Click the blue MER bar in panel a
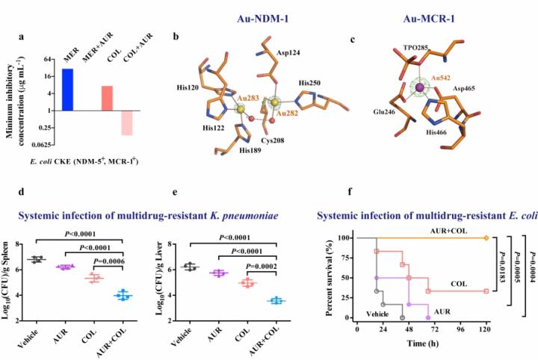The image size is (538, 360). [x=68, y=89]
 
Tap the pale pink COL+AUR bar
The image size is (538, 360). [x=127, y=122]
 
